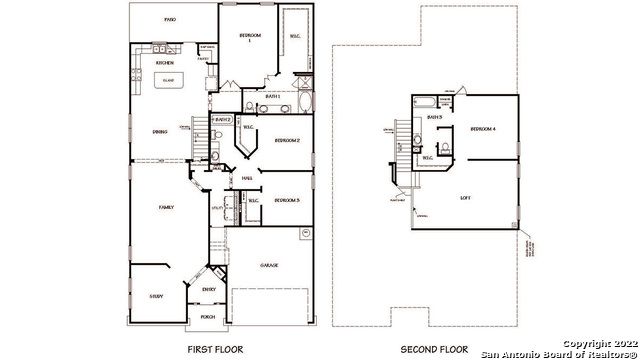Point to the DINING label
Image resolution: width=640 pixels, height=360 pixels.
coord(159,131)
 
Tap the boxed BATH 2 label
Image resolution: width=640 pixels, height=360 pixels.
coord(221,120)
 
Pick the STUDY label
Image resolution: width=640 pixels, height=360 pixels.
coord(157,296)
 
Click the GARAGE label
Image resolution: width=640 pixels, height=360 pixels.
coord(269,266)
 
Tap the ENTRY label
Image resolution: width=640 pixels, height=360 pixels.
coord(209,290)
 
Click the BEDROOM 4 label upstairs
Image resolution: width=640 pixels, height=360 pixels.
coord(484,129)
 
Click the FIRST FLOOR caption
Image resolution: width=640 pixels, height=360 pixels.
coord(215,349)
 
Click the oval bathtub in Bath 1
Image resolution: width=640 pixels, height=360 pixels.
coord(305,103)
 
